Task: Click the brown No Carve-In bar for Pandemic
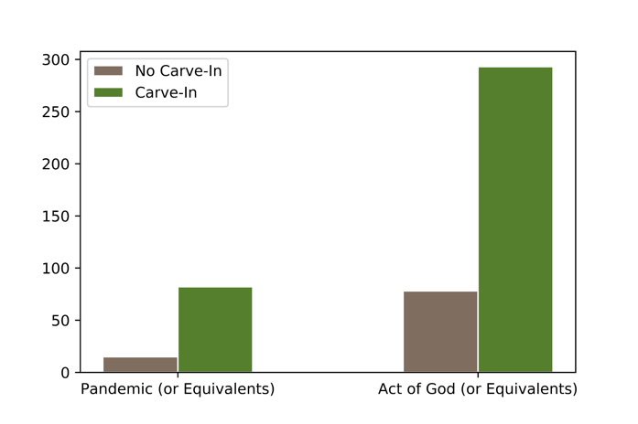(x=140, y=365)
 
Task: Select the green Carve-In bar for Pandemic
(x=215, y=330)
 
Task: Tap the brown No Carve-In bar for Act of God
(x=440, y=332)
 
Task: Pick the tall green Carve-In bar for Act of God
(x=515, y=219)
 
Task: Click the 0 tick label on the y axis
(x=64, y=373)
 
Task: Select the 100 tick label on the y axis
(x=57, y=269)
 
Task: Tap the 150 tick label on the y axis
(x=57, y=217)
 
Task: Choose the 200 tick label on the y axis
(x=57, y=164)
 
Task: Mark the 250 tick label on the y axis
(x=57, y=112)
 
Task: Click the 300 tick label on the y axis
(x=57, y=60)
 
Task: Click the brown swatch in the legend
(x=109, y=71)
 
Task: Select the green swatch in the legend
(x=109, y=91)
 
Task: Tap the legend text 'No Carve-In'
(x=178, y=71)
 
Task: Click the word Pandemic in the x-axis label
(x=115, y=390)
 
